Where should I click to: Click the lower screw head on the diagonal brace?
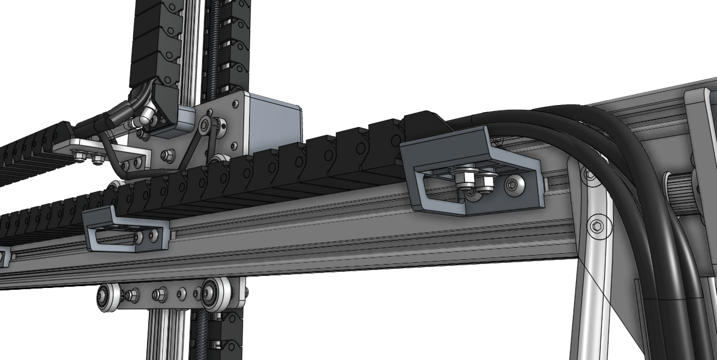coord(596,226)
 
